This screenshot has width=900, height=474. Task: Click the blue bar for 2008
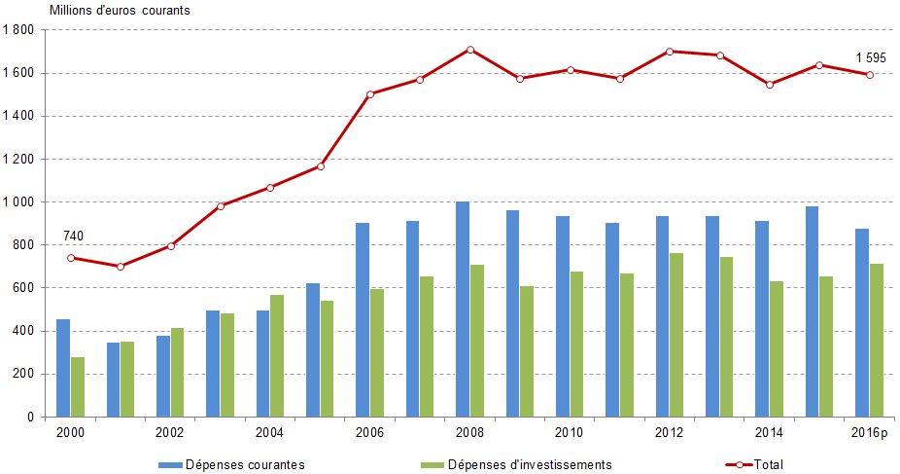coord(463,310)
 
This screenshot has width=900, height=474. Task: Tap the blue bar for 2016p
coord(862,322)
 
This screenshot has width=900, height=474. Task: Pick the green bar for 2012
coord(676,335)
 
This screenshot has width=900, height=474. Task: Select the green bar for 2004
coord(277,355)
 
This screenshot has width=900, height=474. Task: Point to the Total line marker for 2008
coord(470,50)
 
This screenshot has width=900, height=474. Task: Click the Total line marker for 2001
coord(121,267)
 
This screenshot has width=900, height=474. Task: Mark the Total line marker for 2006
coord(370,94)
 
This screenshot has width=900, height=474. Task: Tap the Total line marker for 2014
coord(770,85)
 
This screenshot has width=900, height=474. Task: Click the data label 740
coord(74,237)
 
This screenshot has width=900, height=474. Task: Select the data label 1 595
coord(870,58)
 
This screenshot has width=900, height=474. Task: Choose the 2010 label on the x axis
coord(570,432)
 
